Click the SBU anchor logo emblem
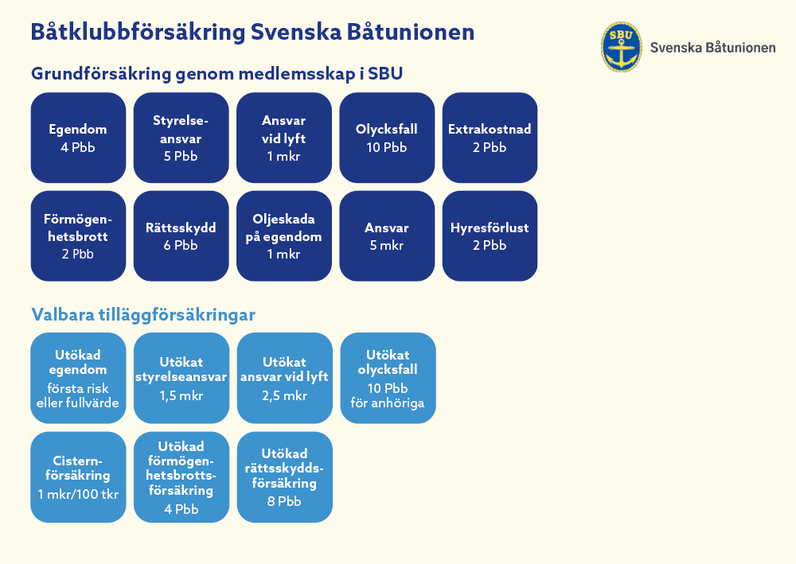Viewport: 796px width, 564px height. click(x=621, y=47)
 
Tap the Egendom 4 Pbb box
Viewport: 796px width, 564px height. click(x=78, y=138)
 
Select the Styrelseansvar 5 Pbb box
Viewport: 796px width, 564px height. click(x=181, y=138)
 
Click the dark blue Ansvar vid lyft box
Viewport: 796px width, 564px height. click(x=284, y=138)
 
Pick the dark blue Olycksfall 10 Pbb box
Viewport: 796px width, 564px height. click(x=387, y=138)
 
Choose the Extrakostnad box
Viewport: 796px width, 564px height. click(x=490, y=138)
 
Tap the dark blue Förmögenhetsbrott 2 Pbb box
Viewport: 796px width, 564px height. click(x=78, y=236)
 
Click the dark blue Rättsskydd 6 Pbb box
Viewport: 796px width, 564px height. click(x=181, y=236)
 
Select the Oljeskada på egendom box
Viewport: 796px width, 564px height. click(x=284, y=236)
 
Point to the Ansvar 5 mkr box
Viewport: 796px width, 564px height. click(x=387, y=236)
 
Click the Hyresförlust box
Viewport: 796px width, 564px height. click(x=490, y=236)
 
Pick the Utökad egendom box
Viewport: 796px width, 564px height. click(x=78, y=378)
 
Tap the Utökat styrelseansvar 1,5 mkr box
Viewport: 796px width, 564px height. click(x=181, y=378)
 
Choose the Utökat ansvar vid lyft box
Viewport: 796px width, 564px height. click(x=284, y=378)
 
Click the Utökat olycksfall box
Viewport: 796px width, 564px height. click(x=388, y=378)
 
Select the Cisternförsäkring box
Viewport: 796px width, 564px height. click(x=78, y=476)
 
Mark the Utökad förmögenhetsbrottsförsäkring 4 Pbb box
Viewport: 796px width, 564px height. click(x=181, y=476)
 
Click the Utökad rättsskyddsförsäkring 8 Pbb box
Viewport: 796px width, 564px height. click(x=284, y=476)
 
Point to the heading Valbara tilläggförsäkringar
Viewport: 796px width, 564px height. click(x=143, y=314)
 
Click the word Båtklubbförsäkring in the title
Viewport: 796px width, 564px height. click(x=136, y=33)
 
